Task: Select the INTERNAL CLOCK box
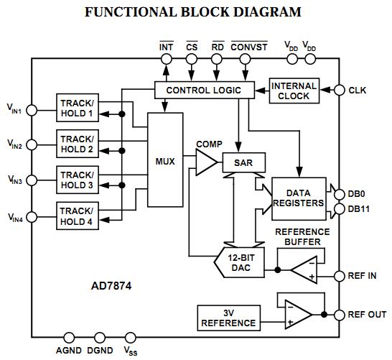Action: (294, 91)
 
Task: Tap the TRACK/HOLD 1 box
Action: (77, 108)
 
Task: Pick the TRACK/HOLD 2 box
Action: (77, 144)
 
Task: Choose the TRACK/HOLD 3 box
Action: (77, 180)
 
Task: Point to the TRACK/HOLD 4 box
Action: (77, 216)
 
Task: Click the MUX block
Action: (165, 160)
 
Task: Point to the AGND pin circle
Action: (70, 337)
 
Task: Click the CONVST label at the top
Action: (249, 47)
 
